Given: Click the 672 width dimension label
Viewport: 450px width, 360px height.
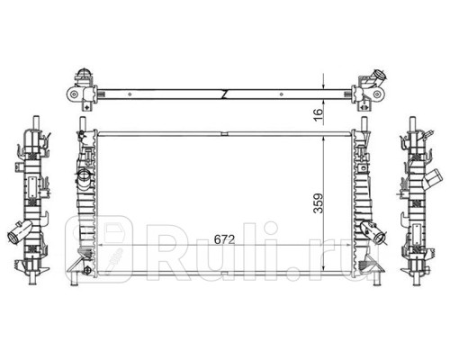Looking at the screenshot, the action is (x=224, y=239).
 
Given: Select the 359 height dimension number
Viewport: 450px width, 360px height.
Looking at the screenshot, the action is (x=319, y=203).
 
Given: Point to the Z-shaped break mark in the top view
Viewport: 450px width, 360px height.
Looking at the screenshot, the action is (x=224, y=94).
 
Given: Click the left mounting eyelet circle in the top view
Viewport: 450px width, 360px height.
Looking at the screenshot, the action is (x=73, y=94).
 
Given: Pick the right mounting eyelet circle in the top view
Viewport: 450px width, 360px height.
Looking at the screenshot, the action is (x=377, y=94).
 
